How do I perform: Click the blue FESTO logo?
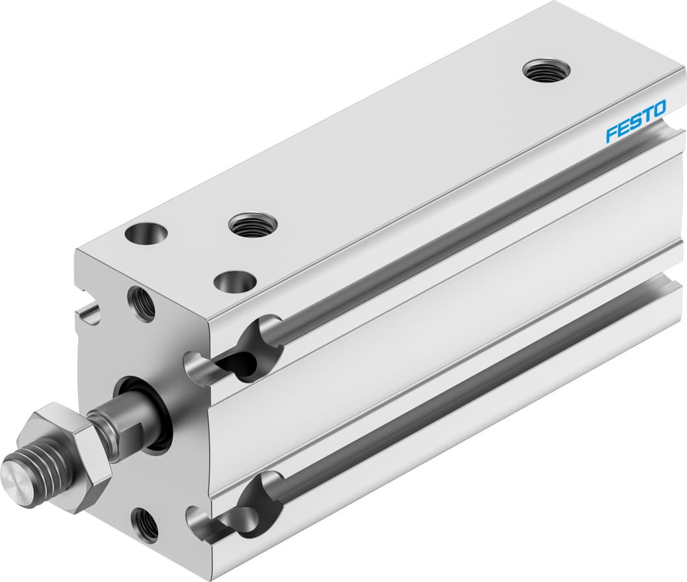(635, 120)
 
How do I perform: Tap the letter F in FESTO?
(612, 134)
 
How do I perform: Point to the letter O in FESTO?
(658, 108)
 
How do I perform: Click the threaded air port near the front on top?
(252, 225)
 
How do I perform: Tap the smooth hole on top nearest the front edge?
(235, 282)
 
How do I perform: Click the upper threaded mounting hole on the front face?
(142, 303)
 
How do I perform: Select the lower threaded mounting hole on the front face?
(144, 525)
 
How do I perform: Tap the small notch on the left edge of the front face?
(90, 318)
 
